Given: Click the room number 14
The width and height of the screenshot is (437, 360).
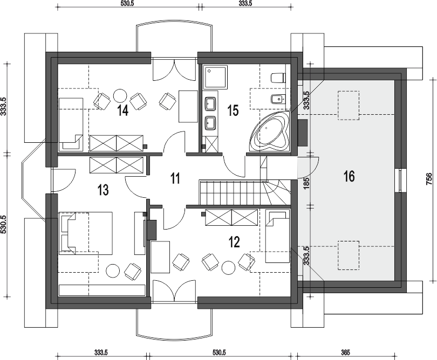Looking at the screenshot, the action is [122, 110].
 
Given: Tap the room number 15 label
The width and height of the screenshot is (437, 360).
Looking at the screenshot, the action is [233, 110].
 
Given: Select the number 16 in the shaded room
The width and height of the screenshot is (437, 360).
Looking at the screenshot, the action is [349, 176].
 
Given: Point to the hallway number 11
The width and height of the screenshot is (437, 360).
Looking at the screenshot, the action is [175, 178].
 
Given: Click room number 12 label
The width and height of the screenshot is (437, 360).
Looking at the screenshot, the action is [234, 242].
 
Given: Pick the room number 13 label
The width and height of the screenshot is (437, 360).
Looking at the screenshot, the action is [103, 190].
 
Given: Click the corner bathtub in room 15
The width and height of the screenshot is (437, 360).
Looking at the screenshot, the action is [270, 131].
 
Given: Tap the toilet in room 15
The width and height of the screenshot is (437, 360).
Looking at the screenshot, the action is [278, 78].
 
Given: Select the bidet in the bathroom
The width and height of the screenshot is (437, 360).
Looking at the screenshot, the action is [278, 99].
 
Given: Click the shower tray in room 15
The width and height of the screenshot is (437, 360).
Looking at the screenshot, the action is [215, 78].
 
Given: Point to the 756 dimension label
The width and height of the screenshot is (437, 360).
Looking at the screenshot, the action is [429, 179].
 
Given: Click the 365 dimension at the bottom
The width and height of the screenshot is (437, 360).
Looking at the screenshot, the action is [345, 352].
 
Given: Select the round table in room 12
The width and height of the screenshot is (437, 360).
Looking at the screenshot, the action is [229, 268].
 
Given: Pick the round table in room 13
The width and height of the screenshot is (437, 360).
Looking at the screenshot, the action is [113, 271].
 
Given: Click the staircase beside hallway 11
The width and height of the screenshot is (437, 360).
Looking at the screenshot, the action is [244, 193].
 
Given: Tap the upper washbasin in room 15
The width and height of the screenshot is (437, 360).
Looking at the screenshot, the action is [210, 103].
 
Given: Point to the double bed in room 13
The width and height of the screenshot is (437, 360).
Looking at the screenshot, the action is [86, 233].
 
